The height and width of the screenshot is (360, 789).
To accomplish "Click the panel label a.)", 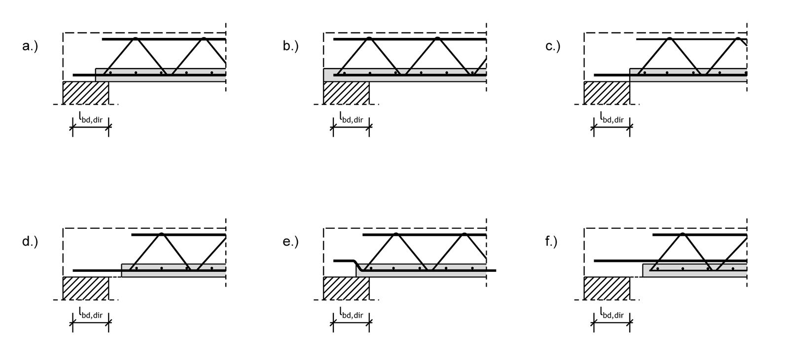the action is [30, 46].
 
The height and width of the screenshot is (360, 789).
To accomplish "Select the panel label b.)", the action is [290, 46].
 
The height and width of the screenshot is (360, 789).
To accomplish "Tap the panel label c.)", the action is [553, 46].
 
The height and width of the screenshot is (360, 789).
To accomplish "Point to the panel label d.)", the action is [30, 242].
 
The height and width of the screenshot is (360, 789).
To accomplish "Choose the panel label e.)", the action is [290, 242].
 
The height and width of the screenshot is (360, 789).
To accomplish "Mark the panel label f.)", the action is [551, 242].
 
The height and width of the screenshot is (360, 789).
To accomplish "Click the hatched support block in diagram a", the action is [86, 93].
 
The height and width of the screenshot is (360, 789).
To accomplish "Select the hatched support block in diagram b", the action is [346, 93].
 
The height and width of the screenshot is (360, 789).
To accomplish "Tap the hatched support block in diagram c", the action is [607, 93].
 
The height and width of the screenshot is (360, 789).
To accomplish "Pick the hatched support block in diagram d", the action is [86, 288].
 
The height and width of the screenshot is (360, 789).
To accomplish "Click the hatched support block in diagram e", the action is [346, 288].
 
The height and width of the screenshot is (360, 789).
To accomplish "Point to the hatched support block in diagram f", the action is [607, 288].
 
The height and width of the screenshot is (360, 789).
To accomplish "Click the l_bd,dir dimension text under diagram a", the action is [91, 118].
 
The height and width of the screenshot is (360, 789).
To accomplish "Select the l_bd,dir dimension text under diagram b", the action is [351, 118].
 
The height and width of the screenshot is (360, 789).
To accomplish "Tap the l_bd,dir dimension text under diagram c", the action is [612, 118].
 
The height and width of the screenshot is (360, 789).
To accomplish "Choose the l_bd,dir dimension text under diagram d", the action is [91, 313].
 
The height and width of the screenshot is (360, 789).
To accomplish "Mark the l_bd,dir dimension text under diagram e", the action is [351, 313].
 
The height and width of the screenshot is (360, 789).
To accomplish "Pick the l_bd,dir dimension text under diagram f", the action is [612, 313].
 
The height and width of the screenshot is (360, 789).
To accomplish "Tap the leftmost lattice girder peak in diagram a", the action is [135, 38].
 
